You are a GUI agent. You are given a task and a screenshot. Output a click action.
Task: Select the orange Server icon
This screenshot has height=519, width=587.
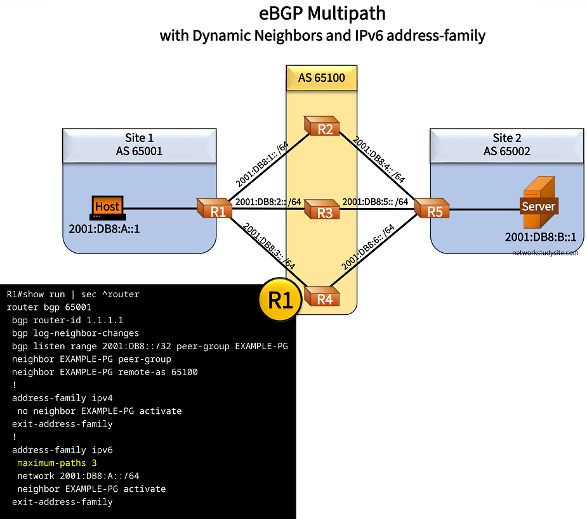pos(538,202)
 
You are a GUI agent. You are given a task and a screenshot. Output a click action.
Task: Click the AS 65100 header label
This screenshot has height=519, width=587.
pos(321,78)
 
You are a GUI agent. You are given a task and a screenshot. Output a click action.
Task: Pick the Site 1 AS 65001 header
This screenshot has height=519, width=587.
pos(139,144)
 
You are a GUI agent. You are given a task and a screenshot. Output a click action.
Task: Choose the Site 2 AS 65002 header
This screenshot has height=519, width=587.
pos(506,144)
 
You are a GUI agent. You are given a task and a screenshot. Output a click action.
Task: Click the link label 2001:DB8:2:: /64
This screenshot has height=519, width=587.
pos(268,202)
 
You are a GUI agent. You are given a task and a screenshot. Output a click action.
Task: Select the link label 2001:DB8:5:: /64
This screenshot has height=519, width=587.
pos(375,202)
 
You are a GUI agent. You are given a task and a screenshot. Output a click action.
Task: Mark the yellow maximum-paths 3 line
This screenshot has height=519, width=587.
pos(56,463)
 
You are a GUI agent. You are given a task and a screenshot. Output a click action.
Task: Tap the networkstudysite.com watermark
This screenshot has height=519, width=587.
pos(545,252)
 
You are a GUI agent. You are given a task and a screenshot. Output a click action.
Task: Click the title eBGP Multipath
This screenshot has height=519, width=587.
pos(322,13)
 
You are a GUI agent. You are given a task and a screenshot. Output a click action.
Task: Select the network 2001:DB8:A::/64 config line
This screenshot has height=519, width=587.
pos(78,476)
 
